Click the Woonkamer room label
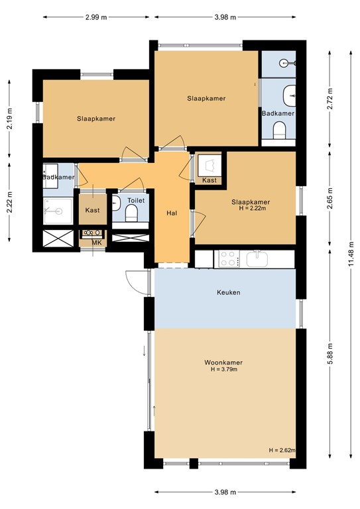tap(223, 363)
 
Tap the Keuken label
tap(228, 292)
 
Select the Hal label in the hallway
tap(172, 213)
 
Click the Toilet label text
tap(136, 199)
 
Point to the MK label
tap(97, 243)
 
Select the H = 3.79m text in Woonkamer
tap(223, 369)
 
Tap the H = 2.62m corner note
tap(282, 450)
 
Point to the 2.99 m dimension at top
tap(96, 17)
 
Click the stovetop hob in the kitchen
tap(229, 258)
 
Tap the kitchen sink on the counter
tap(257, 258)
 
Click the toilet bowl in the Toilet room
tap(131, 213)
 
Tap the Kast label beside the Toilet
tap(93, 210)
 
